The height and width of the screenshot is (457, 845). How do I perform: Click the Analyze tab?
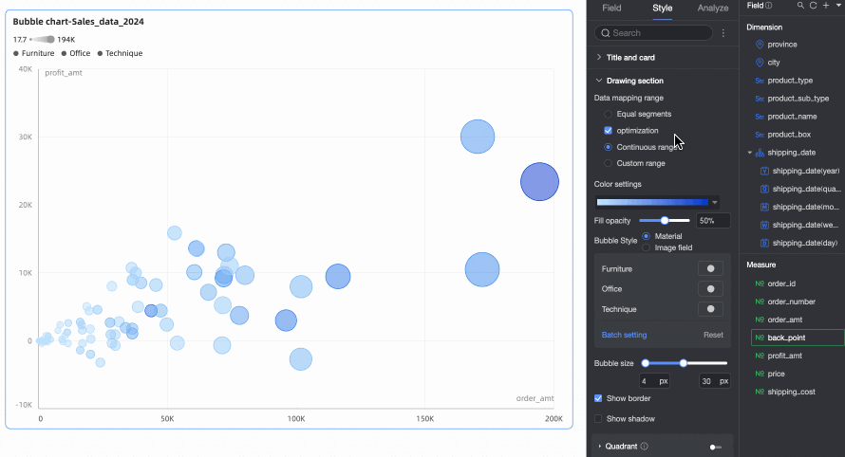pos(713,9)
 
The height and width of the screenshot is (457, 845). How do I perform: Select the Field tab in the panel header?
pos(611,9)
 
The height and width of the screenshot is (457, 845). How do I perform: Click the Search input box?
pos(655,33)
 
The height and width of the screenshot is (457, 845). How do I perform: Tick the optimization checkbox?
pos(609,130)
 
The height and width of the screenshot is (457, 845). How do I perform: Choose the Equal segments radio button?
pos(609,114)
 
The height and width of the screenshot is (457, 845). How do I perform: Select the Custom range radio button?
pos(609,163)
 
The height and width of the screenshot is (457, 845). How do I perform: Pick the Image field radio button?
pos(647,247)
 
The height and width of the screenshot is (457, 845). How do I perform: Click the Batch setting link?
pos(624,335)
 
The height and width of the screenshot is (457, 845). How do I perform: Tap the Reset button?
pos(713,335)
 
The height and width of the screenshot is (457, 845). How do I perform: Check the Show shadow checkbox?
pos(598,418)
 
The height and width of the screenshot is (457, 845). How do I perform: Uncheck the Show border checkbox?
pos(598,398)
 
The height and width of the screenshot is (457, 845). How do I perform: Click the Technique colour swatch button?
pos(710,309)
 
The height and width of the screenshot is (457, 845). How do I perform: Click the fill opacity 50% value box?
pos(712,221)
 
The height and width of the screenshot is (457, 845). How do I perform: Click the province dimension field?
pos(782,45)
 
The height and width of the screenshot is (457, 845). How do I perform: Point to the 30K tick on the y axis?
pos(24,137)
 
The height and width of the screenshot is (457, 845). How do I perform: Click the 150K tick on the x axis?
pos(425,418)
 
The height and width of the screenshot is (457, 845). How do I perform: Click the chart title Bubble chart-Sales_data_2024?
pos(78,21)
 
